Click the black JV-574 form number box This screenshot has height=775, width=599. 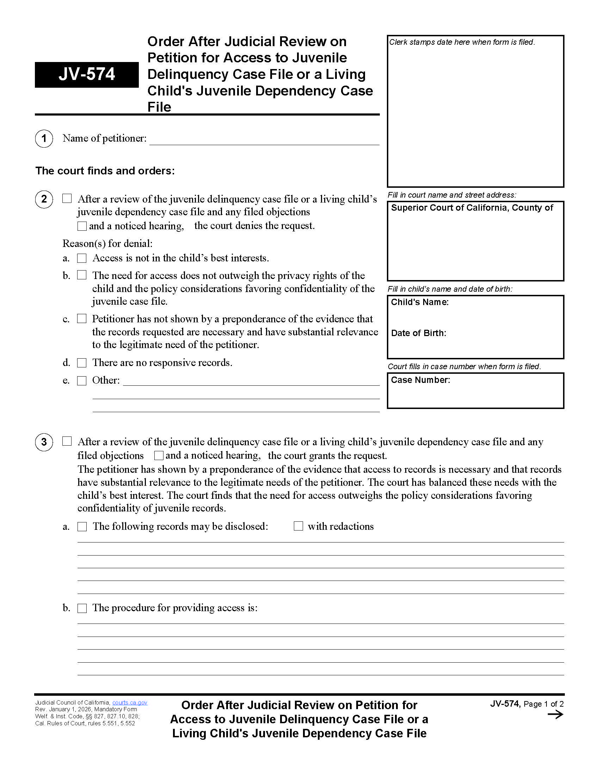(x=87, y=75)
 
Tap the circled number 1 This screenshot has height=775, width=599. (x=44, y=138)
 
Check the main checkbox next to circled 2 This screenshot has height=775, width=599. (x=67, y=198)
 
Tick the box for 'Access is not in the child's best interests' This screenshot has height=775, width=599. (x=82, y=258)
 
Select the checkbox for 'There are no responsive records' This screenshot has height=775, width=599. (x=82, y=362)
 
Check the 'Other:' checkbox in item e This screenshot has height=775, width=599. (x=82, y=381)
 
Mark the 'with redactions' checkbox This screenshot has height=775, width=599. (x=298, y=526)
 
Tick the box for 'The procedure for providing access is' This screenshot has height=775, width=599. (x=82, y=608)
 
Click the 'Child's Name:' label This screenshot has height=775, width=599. (x=419, y=302)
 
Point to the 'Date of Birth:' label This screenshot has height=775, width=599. (x=418, y=333)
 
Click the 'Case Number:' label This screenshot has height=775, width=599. (x=420, y=380)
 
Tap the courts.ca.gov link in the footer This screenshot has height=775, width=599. (x=130, y=702)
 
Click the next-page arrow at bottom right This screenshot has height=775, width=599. (x=555, y=715)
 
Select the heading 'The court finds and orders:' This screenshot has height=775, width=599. (x=105, y=171)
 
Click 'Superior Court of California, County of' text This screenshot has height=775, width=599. (x=471, y=207)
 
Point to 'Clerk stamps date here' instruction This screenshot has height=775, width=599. (x=462, y=42)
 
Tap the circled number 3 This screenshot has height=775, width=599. (x=44, y=442)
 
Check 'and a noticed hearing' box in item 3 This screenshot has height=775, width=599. (x=159, y=455)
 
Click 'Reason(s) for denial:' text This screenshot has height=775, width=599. (x=107, y=243)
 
